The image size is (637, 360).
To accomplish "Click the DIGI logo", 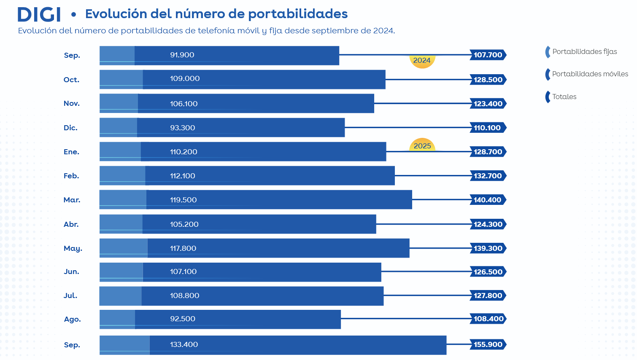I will (39, 14).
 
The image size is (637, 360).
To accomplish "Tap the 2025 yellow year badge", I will (422, 145).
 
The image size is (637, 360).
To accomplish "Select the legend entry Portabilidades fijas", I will (584, 52).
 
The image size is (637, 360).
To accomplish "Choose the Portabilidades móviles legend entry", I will (590, 74).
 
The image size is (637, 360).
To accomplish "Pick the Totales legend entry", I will (564, 97).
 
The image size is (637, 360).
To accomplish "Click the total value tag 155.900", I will (488, 345).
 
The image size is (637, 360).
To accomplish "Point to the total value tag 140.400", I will (488, 200).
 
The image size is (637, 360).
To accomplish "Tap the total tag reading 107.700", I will (488, 55).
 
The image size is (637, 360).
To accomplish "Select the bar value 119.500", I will (184, 200).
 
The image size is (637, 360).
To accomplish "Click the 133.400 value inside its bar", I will (184, 345).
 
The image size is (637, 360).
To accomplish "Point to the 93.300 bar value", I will (183, 128).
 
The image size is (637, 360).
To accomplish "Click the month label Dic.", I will (70, 128).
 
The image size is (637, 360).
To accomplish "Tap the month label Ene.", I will (71, 152).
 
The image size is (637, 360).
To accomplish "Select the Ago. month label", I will (72, 320).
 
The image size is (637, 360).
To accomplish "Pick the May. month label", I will (73, 249).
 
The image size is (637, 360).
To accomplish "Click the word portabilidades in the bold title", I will (297, 14).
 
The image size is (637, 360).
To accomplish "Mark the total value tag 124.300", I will (488, 225).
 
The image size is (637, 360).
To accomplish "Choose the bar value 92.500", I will (183, 319).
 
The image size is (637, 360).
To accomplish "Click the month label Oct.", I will (71, 80).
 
